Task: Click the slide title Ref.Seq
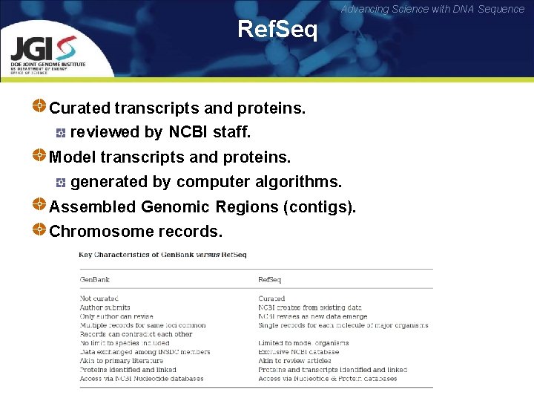pos(277,30)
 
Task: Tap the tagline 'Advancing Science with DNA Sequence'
pos(432,9)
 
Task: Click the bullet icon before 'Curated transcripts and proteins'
pos(40,106)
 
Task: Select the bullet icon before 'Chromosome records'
pos(40,229)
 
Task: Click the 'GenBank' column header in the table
pos(94,280)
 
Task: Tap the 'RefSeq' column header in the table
pos(269,280)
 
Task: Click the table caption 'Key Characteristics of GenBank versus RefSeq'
pos(162,255)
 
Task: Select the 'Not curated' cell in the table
pos(99,299)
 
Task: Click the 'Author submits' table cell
pos(105,307)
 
